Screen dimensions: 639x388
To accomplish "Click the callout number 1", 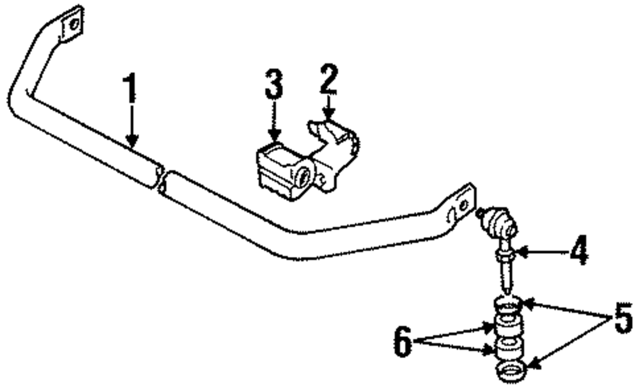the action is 130,90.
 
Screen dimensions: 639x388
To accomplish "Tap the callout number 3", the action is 273,86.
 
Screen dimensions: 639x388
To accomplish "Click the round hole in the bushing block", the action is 305,175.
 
